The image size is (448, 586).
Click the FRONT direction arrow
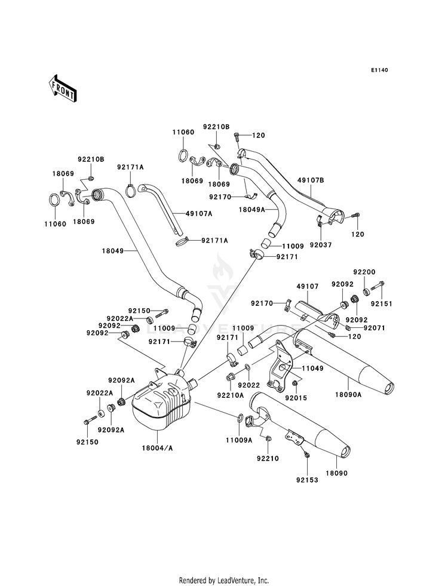pyautogui.click(x=62, y=88)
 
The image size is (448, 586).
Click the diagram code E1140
pyautogui.click(x=379, y=70)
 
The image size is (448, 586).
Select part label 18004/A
pyautogui.click(x=157, y=448)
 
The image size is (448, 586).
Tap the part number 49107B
pyautogui.click(x=311, y=180)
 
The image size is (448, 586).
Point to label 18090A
pyautogui.click(x=348, y=394)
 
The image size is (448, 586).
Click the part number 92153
pyautogui.click(x=307, y=480)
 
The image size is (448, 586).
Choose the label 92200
pyautogui.click(x=364, y=272)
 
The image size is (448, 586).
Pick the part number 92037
pyautogui.click(x=321, y=245)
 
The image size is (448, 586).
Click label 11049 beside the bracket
pyautogui.click(x=313, y=368)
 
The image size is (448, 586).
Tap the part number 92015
pyautogui.click(x=296, y=398)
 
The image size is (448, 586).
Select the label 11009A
pyautogui.click(x=239, y=440)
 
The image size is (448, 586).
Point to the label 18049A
pyautogui.click(x=252, y=210)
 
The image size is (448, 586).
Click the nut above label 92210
pyautogui.click(x=269, y=438)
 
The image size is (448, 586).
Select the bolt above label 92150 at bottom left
pyautogui.click(x=87, y=422)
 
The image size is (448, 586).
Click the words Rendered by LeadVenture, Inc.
pyautogui.click(x=224, y=581)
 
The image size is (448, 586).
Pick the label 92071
pyautogui.click(x=374, y=328)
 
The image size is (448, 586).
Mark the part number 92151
pyautogui.click(x=382, y=304)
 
